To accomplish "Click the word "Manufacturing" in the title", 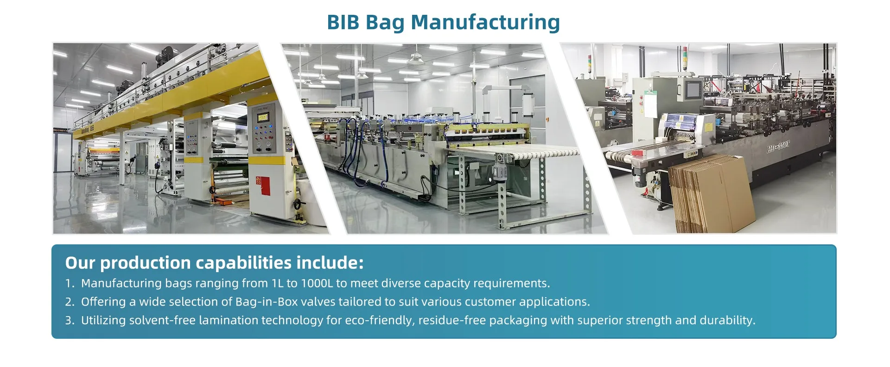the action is [x=485, y=23].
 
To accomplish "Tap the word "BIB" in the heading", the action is [x=343, y=22].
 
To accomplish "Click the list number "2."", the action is [x=70, y=302].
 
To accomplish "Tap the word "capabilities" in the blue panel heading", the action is [x=250, y=263].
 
